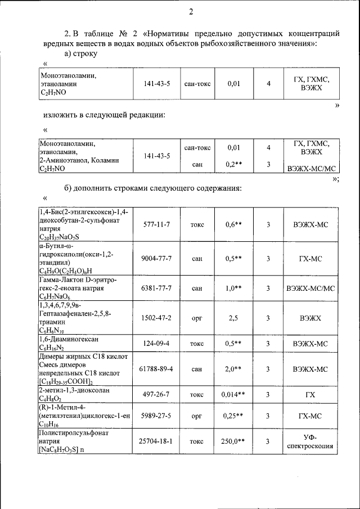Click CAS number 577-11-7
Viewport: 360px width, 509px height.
(x=155, y=224)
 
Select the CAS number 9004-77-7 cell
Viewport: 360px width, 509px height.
(x=155, y=258)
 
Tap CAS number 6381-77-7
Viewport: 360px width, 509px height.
(x=155, y=288)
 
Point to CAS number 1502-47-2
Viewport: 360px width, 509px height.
(x=155, y=318)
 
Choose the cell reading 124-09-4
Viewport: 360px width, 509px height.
(x=155, y=343)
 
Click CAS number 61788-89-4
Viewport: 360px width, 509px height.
(x=155, y=369)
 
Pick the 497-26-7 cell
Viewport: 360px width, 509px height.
(x=155, y=395)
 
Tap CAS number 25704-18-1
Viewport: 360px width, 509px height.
(x=155, y=442)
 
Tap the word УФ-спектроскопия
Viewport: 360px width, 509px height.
(x=310, y=442)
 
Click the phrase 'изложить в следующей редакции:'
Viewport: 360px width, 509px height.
(x=104, y=115)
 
